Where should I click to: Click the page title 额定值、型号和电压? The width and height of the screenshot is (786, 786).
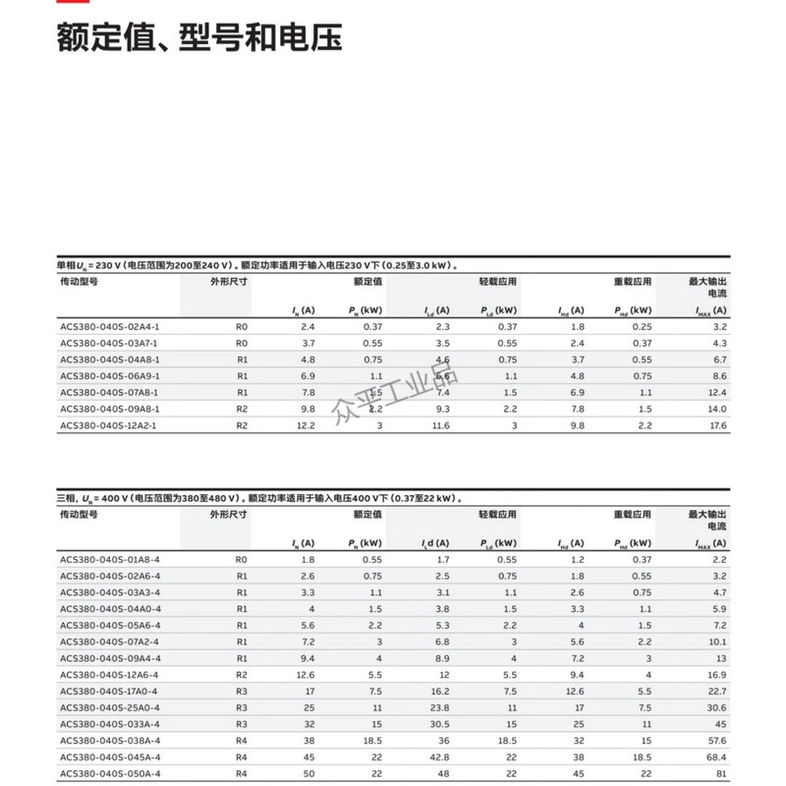[199, 39]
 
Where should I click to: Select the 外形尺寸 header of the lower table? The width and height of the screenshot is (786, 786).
[228, 514]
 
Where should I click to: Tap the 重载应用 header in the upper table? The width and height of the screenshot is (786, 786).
[633, 281]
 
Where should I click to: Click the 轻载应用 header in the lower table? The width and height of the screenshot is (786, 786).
[498, 514]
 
